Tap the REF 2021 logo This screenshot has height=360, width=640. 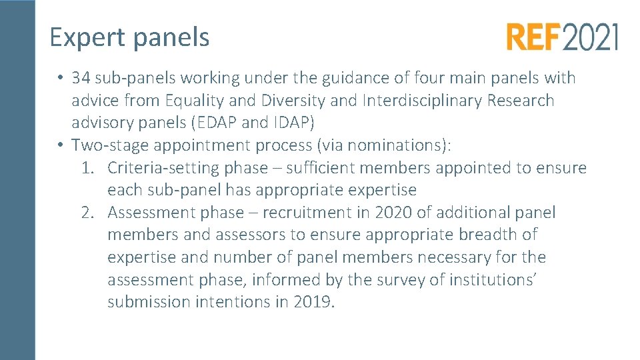[x=562, y=37]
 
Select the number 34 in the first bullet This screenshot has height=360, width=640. [x=81, y=78]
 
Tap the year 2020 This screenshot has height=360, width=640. [x=393, y=213]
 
